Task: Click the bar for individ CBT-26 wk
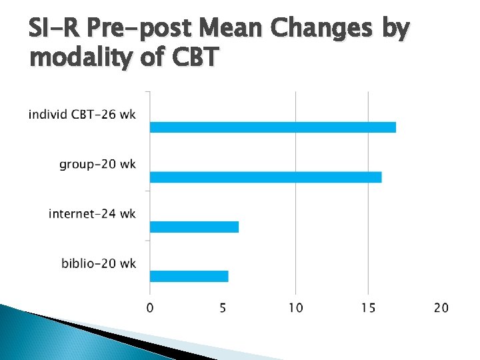pos(273,127)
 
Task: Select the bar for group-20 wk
pos(265,177)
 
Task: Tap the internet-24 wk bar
pos(194,227)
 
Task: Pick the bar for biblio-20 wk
pos(189,276)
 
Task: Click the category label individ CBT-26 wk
pos(82,115)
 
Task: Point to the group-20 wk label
pos(97,164)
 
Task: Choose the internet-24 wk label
pos(92,214)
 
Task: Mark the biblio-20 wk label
pos(99,263)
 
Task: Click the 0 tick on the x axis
pos(150,308)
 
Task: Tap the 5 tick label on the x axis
pos(223,308)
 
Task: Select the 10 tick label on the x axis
pos(295,308)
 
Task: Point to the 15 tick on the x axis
pos(368,308)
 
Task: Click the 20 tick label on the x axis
pos(441,308)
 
